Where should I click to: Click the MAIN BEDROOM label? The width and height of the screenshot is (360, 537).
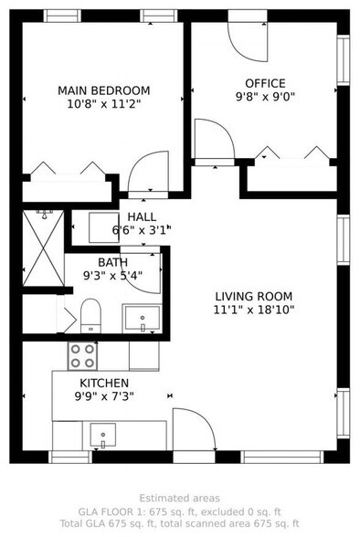coord(103,90)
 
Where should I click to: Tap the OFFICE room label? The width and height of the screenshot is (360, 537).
coord(265,82)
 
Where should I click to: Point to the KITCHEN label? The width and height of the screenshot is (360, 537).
coord(103,383)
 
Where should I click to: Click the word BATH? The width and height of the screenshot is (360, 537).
coord(112,261)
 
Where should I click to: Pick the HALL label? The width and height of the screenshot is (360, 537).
coord(142,216)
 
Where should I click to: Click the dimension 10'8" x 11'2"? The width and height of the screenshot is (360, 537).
coord(103,103)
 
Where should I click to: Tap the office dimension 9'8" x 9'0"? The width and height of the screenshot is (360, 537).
coord(265,95)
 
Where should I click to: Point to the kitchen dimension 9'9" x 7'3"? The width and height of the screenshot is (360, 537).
coord(103,396)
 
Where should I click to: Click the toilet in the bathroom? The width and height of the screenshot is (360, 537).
coord(90,316)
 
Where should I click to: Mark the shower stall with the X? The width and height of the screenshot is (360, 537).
coord(41,248)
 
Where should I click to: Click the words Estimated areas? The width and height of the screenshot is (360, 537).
coord(179,499)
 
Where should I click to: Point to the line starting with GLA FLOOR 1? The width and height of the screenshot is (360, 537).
coord(179,511)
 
